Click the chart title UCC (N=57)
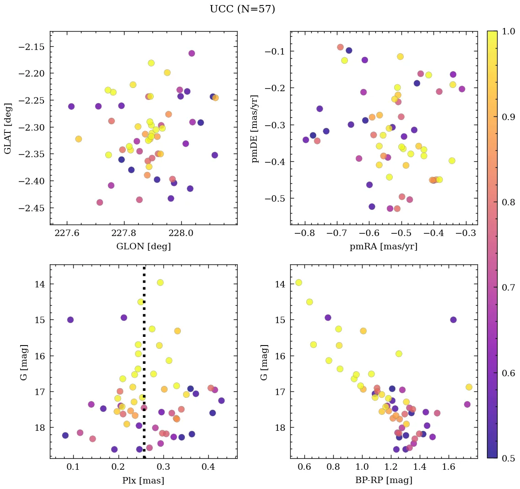(242, 9)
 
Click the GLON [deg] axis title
(143, 247)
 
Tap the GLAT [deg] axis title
(8, 128)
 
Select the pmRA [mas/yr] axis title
(384, 247)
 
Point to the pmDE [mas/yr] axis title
(255, 128)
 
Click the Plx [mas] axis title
(143, 480)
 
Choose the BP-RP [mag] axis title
(384, 480)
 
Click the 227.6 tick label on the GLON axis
(67, 233)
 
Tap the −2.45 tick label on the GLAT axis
(32, 208)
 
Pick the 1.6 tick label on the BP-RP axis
(449, 467)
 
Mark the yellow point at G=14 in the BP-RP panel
(298, 282)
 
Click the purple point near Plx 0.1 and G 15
(70, 320)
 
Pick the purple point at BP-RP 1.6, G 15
(453, 320)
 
